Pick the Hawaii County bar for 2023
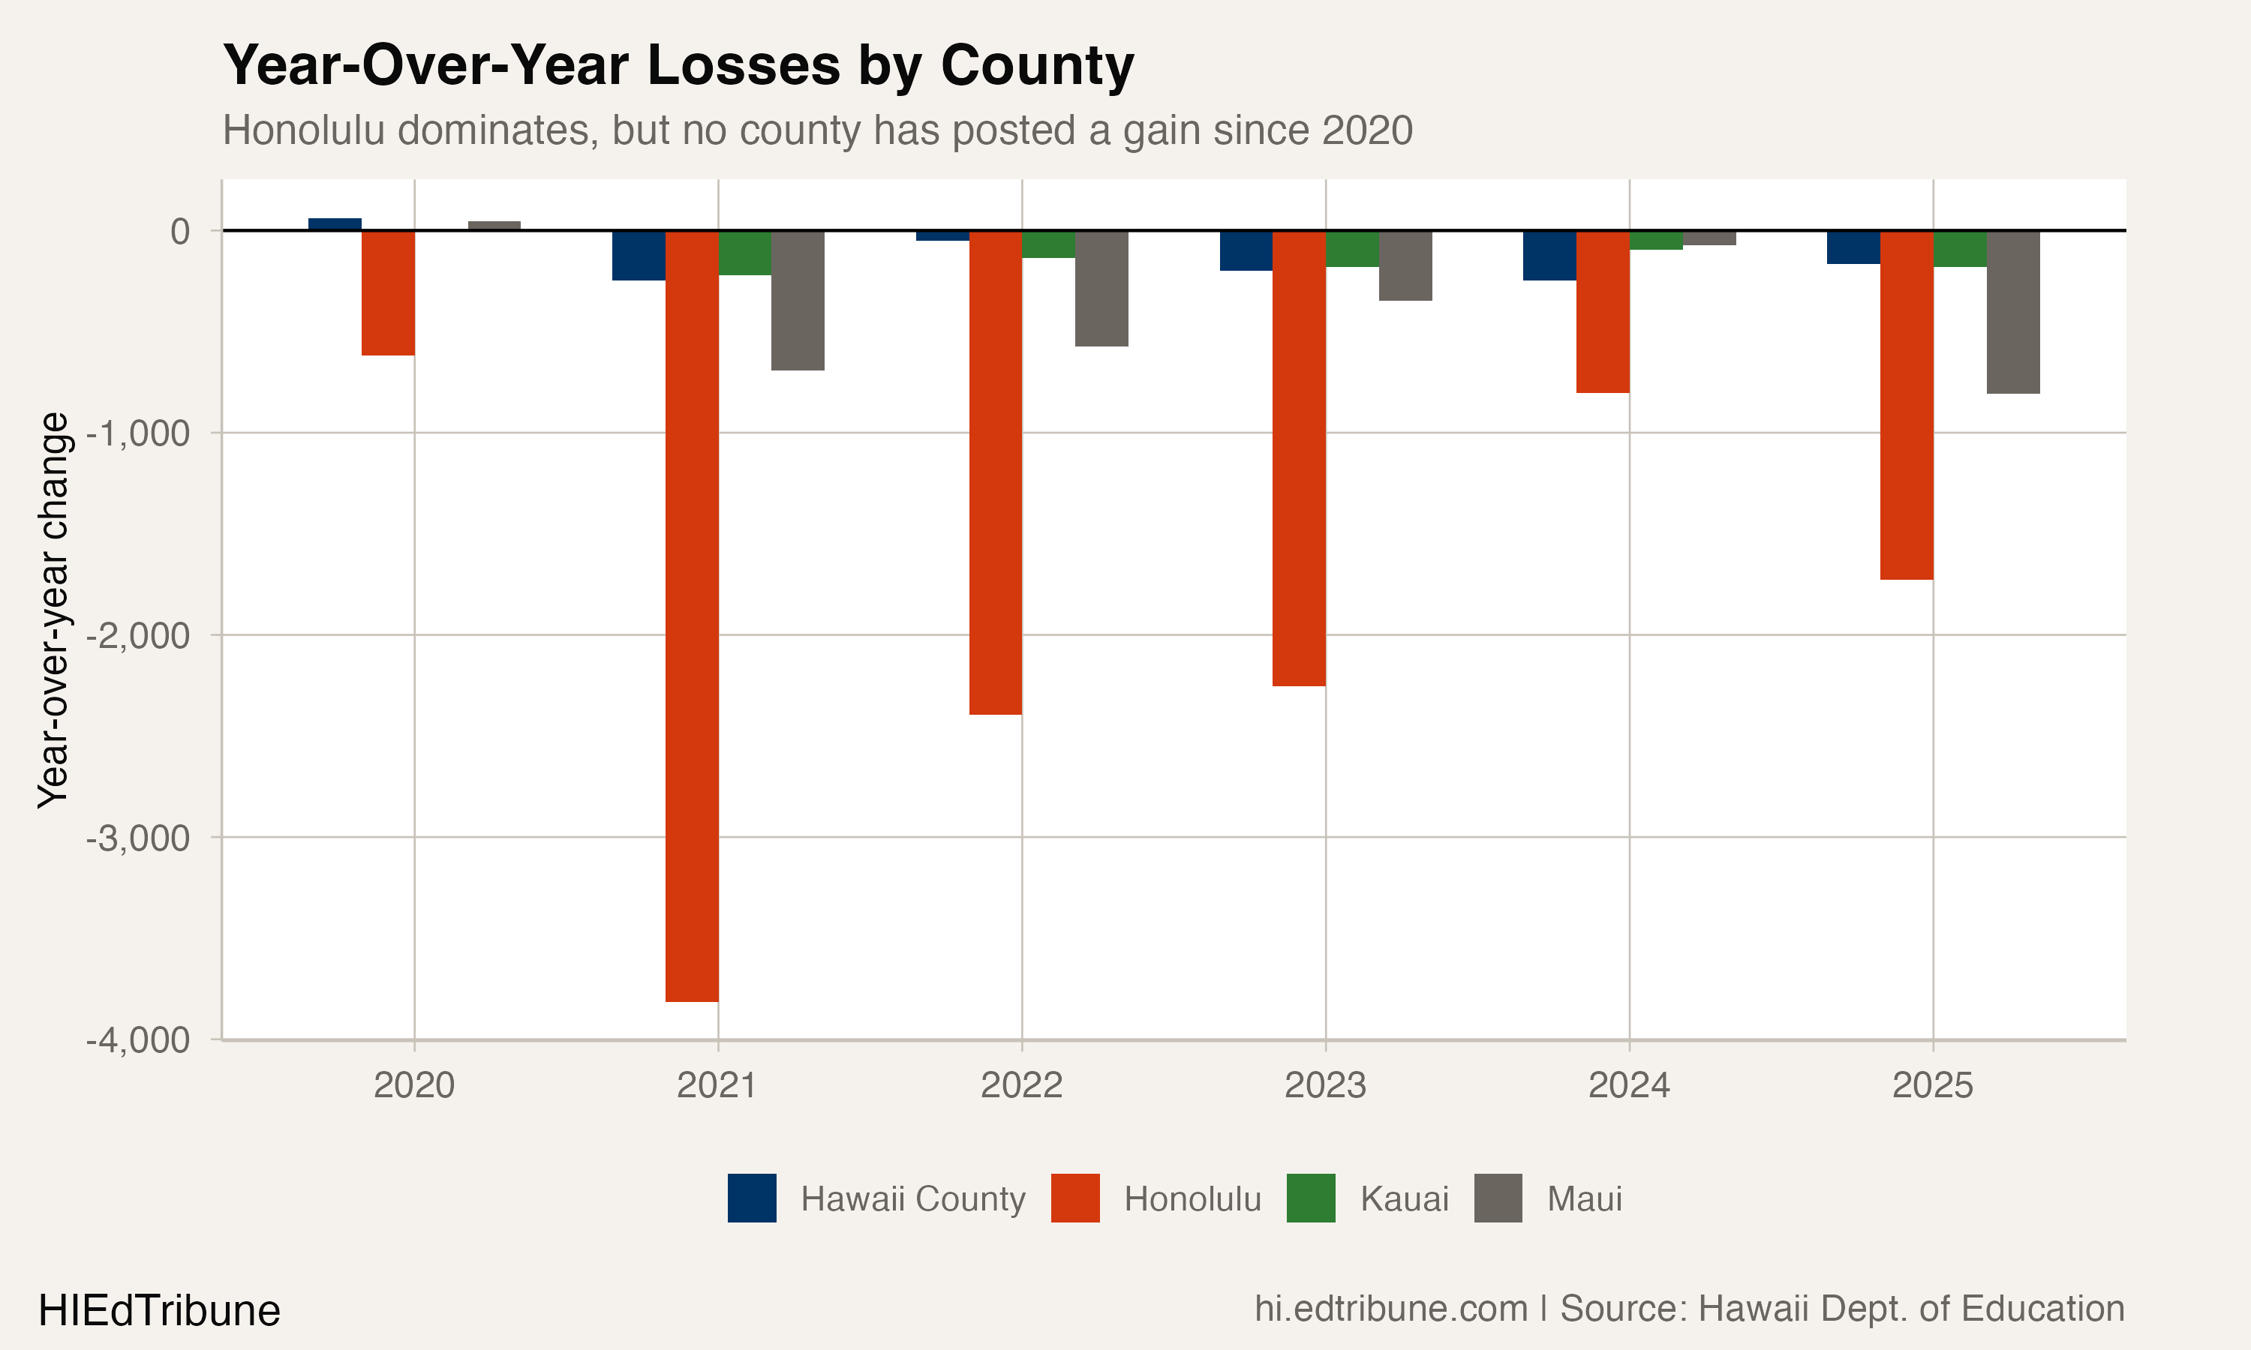point(1246,251)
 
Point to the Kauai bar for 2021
point(744,253)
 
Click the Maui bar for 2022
point(1101,289)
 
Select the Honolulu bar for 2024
point(1602,312)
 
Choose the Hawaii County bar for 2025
point(1853,247)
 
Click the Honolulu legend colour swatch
point(1074,1198)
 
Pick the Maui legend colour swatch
point(1498,1198)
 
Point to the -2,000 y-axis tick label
point(137,635)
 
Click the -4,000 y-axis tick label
point(137,1039)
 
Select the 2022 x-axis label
point(1021,1085)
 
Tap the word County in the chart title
point(1036,65)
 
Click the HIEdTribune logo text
point(159,1311)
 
